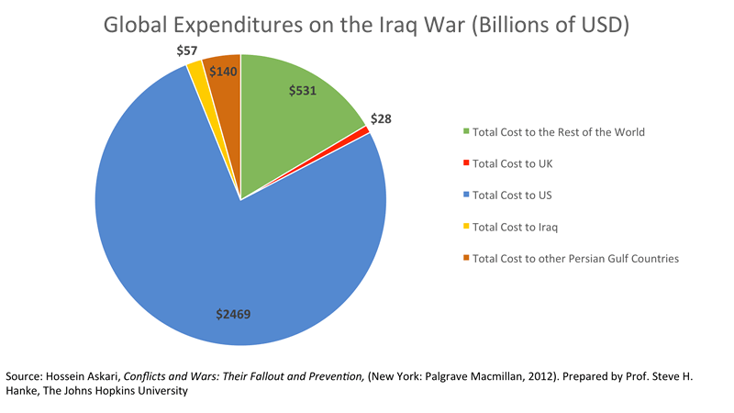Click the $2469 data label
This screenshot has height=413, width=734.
[x=234, y=315]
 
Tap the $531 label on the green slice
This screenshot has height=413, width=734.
[x=303, y=91]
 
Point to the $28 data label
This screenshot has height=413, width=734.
[x=380, y=119]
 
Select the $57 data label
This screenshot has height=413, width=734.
[x=187, y=50]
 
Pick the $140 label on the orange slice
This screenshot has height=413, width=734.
[x=223, y=71]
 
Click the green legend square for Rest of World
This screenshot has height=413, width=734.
[x=466, y=132]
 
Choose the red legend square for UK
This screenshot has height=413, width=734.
[x=466, y=163]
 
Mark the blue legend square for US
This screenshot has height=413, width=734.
[x=466, y=195]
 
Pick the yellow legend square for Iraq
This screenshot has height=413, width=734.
[x=466, y=227]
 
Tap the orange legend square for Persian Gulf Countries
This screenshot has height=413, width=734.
[x=466, y=259]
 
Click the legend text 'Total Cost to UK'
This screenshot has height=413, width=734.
[x=517, y=163]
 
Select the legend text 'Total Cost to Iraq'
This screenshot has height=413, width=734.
[x=520, y=227]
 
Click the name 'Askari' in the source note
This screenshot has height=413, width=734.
[x=99, y=376]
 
